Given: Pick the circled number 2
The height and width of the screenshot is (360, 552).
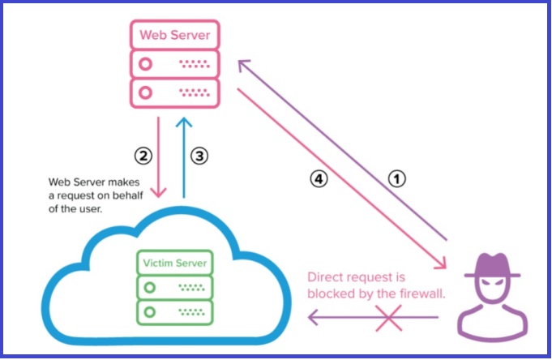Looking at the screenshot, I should coord(143,153).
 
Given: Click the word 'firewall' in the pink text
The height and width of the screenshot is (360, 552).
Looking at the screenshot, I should coord(421,294).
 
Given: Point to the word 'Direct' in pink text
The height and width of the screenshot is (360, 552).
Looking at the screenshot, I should coord(326,276).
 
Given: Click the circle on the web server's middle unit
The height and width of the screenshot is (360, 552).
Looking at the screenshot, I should coord(147,62).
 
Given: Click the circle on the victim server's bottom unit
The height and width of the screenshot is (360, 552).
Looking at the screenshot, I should coord(148,311).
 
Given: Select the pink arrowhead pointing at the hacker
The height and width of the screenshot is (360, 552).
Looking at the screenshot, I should coord(443,264).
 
